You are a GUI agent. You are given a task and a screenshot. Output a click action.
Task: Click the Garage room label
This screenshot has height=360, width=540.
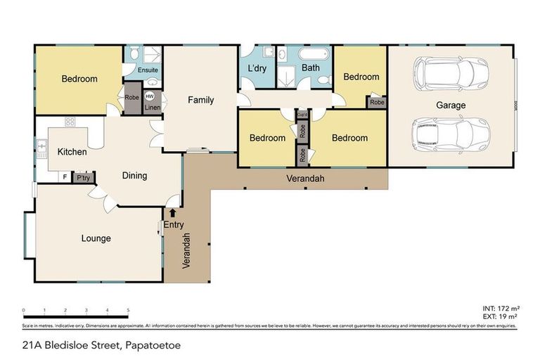tap(451, 105)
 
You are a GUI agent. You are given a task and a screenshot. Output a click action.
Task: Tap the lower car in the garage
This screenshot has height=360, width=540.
tap(450, 134)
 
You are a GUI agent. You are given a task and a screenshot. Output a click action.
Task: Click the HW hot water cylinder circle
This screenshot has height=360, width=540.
tap(149, 96)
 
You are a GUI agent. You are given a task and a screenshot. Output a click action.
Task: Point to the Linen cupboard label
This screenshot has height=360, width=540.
tap(153, 108)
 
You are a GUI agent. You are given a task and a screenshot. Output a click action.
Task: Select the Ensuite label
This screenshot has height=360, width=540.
tap(148, 70)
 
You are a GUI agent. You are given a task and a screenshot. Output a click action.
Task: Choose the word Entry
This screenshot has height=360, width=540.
tap(173, 224)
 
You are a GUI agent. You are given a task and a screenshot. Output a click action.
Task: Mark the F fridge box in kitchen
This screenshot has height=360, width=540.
tap(65, 176)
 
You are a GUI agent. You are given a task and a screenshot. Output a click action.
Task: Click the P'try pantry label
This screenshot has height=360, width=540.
tap(83, 177)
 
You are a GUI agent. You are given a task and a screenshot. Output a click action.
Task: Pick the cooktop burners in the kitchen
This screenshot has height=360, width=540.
tap(70, 122)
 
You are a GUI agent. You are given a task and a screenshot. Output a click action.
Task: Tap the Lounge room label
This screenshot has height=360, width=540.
tap(96, 238)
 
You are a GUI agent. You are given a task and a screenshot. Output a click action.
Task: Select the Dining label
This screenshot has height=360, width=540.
tap(134, 176)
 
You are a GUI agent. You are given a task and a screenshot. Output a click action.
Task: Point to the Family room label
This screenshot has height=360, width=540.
tap(200, 101)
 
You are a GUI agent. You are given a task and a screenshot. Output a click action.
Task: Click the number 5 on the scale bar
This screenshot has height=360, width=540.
tap(128, 310)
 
